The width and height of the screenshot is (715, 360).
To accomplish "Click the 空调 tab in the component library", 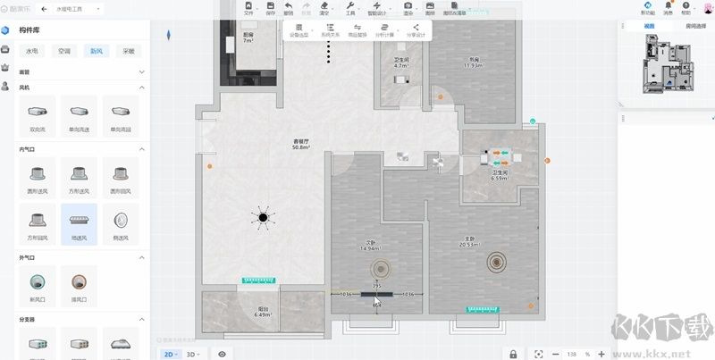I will coord(63,51).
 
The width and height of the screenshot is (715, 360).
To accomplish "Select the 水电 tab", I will coord(32,51).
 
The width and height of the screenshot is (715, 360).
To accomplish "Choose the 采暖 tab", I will coord(128,51).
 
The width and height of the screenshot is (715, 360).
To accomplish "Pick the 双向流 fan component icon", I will coord(38,113).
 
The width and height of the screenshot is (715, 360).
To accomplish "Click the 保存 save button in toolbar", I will coord(270,10).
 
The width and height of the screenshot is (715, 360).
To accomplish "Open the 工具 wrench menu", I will coord(350,10).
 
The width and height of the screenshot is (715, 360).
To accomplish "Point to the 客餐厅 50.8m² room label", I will coord(300,144).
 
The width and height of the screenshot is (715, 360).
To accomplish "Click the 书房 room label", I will coord(474,63).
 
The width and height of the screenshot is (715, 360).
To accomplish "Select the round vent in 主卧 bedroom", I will coord(495,262).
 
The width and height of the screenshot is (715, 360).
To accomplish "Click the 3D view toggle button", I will coord(192,354).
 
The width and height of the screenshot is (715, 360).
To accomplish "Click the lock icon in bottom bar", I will coord(513,354).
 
